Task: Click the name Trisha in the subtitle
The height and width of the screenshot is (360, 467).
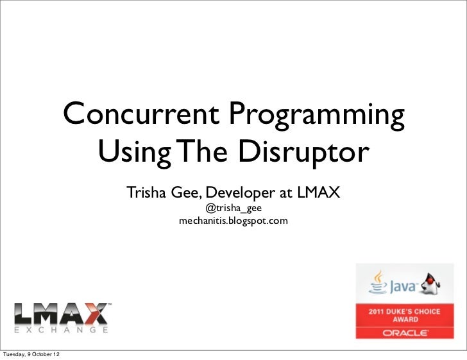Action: point(146,193)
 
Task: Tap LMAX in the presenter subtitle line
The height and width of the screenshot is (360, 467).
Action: point(318,193)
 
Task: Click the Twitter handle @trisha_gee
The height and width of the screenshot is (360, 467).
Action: point(233,209)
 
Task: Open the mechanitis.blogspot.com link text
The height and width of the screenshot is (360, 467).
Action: point(233,221)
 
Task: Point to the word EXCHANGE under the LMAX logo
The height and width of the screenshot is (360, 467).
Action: point(60,330)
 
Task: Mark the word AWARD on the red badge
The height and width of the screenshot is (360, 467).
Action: point(405,319)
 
